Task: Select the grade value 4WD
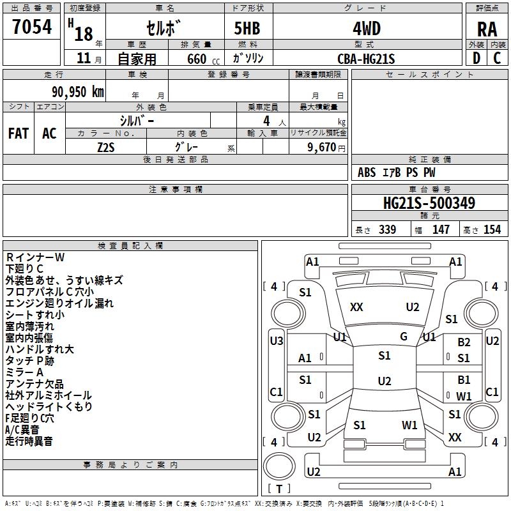coord(367,28)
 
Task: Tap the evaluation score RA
coord(487,29)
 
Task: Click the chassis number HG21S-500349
coord(429,204)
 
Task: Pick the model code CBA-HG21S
coord(367,59)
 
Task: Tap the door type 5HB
coord(248,28)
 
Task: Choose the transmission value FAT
coord(19,133)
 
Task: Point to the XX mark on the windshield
coord(356,307)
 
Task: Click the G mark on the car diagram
coord(404,336)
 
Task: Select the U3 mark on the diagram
coord(277,341)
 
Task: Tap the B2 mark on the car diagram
coord(464,343)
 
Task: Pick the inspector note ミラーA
coord(24,372)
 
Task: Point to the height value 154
coord(492,230)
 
